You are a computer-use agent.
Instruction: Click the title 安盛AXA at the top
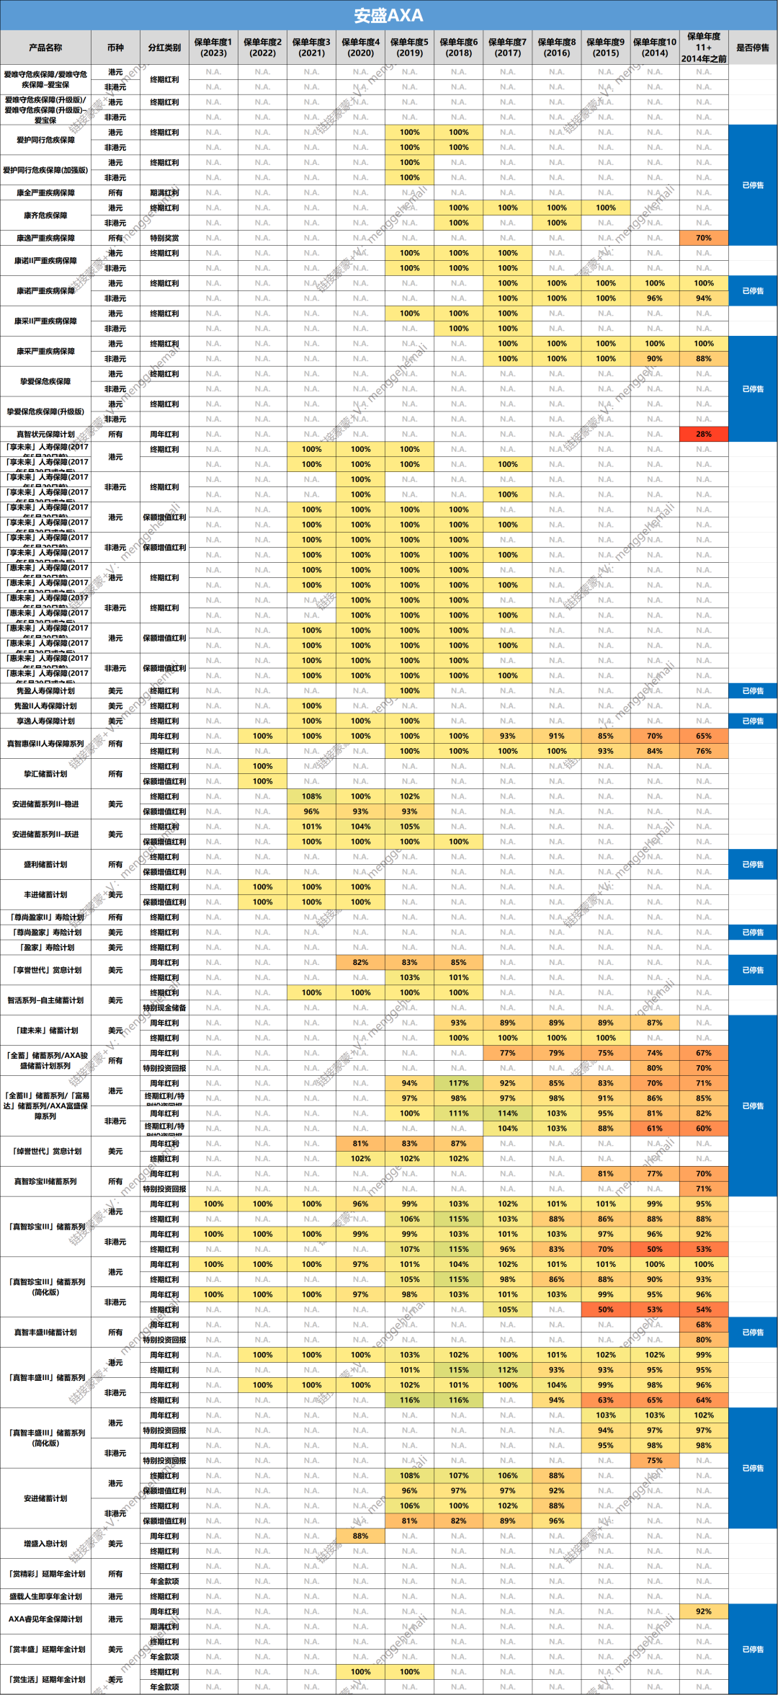tap(388, 15)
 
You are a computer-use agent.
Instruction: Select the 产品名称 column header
tap(45, 48)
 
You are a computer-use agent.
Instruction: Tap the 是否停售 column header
tap(753, 48)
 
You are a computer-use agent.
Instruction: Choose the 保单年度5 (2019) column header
tap(409, 48)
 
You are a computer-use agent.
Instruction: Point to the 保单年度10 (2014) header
tap(654, 48)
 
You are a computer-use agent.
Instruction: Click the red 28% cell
tap(703, 434)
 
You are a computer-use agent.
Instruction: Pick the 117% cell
tap(458, 1083)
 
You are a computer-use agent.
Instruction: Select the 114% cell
tap(507, 1113)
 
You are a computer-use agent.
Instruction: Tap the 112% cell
tap(507, 1370)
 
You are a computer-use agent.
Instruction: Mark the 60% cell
tap(703, 1129)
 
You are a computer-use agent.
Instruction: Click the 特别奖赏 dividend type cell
tap(164, 238)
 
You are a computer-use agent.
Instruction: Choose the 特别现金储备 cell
tap(164, 1008)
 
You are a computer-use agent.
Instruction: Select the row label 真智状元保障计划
tap(45, 435)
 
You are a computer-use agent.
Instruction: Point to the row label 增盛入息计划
tap(45, 1544)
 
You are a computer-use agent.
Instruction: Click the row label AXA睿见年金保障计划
tap(45, 1619)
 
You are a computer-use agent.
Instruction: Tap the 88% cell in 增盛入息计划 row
tap(360, 1536)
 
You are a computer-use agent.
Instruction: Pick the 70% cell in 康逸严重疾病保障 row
tap(703, 238)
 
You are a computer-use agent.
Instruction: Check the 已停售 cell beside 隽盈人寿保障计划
tap(753, 690)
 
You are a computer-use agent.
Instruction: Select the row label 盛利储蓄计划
tap(45, 864)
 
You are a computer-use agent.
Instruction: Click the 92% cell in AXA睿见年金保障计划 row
tap(703, 1611)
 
